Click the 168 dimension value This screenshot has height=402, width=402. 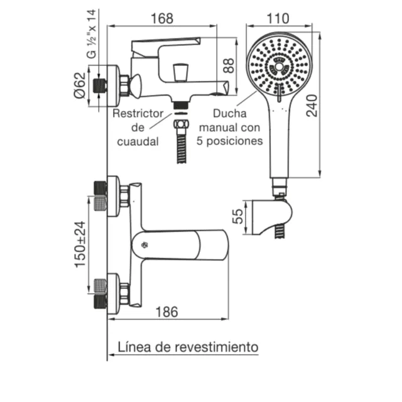(161, 19)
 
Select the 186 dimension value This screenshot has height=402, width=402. (166, 312)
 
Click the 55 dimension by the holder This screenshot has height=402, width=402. (237, 217)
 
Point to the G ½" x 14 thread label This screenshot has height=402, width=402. (92, 34)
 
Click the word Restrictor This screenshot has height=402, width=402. (138, 114)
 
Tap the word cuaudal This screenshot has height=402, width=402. (138, 141)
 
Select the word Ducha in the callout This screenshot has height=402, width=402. (229, 114)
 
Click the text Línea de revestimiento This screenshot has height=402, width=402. (188, 346)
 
